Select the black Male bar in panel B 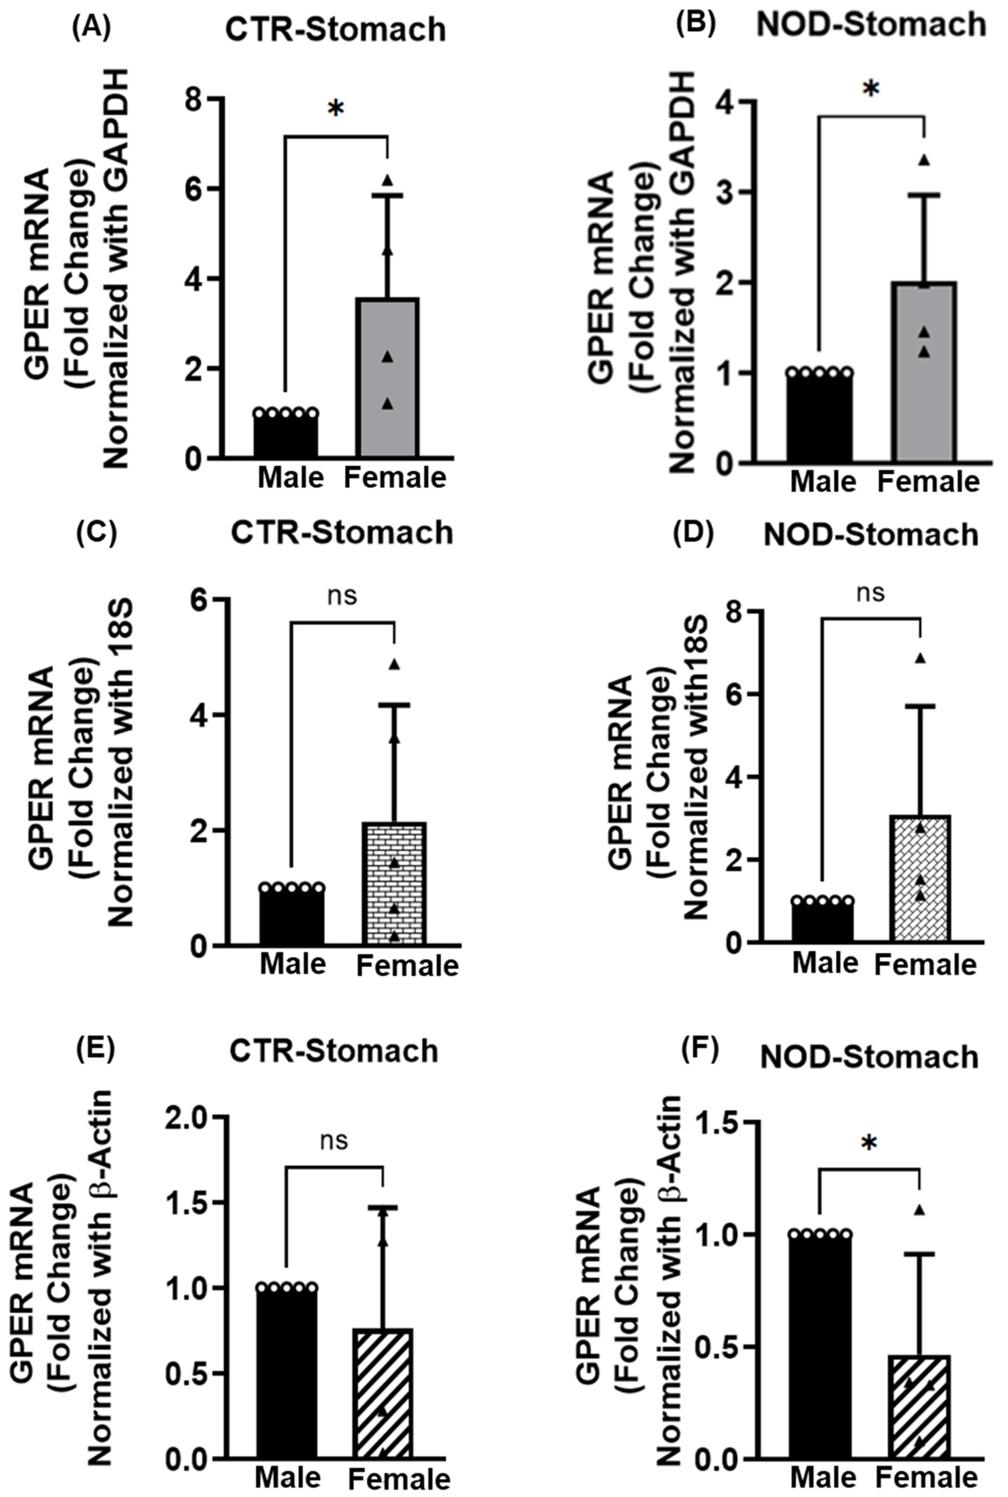pos(820,418)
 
